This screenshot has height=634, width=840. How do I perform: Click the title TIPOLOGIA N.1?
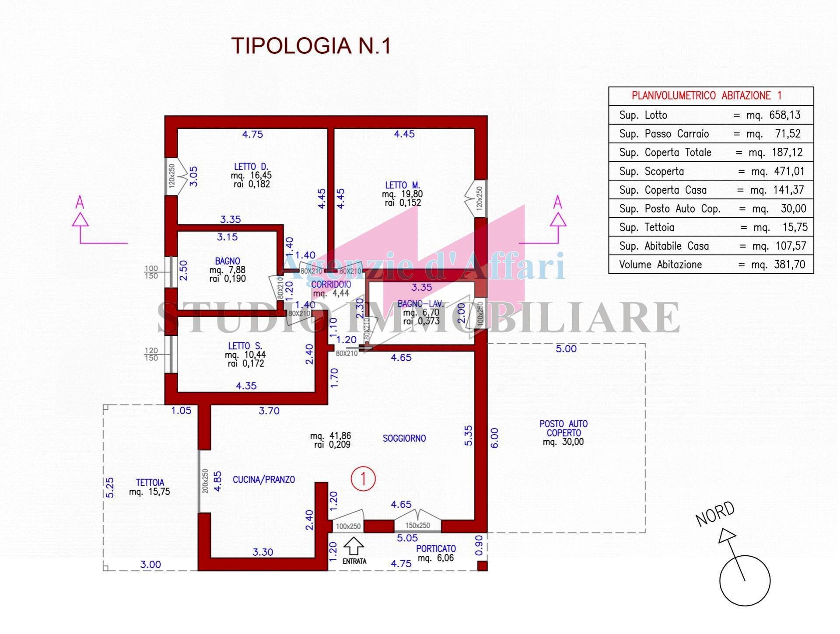coord(311,46)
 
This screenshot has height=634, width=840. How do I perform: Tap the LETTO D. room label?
coord(251,167)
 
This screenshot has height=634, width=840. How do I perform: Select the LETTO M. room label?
coord(402,185)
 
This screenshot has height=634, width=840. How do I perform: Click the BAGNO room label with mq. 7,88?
coord(227,261)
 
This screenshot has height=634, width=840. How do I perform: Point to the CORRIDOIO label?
coord(331,285)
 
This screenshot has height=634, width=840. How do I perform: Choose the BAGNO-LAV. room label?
coord(420,303)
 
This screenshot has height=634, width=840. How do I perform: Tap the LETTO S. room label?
coord(245,346)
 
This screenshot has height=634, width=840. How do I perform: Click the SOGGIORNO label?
coord(404,438)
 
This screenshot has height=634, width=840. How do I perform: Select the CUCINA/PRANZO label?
coord(264,480)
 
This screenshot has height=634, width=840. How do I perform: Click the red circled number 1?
coord(363,478)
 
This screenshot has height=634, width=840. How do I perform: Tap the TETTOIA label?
coord(150,483)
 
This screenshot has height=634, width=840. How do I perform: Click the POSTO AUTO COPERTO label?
coord(563,428)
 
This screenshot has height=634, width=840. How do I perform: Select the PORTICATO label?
coord(436,548)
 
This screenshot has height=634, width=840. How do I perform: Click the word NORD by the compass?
coord(715,514)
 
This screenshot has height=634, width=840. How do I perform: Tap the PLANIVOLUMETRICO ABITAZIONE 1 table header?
coord(707,95)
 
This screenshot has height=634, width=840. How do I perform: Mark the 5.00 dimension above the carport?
coord(566,349)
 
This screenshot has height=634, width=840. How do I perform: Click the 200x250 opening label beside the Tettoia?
coord(205,481)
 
